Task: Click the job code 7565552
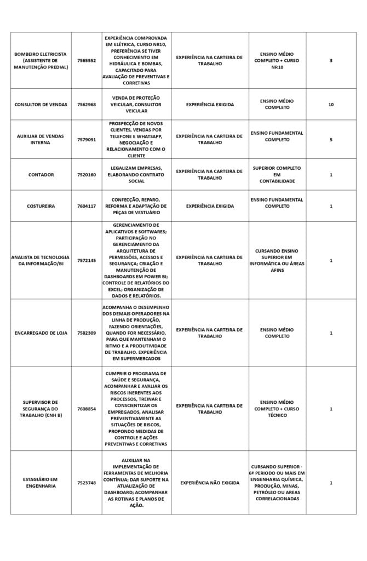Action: click(86, 61)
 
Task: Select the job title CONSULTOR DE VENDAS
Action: click(41, 104)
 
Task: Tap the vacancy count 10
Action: click(331, 104)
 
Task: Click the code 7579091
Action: click(86, 140)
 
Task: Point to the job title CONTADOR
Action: click(41, 175)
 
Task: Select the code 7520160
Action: click(86, 175)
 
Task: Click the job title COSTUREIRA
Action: click(41, 206)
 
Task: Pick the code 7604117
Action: click(86, 206)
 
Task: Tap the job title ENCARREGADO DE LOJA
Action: click(41, 333)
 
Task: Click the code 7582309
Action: click(86, 333)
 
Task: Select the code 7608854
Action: click(86, 409)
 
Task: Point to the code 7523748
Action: click(86, 483)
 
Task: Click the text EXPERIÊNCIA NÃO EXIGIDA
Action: click(210, 483)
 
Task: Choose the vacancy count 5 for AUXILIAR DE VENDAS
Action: click(331, 140)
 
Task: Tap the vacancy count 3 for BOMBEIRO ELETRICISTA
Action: click(331, 61)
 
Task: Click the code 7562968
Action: click(86, 104)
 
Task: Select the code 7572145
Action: click(86, 260)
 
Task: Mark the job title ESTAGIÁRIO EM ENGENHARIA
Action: click(41, 483)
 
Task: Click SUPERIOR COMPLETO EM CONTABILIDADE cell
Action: click(277, 174)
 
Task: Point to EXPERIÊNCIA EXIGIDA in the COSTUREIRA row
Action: click(210, 206)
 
